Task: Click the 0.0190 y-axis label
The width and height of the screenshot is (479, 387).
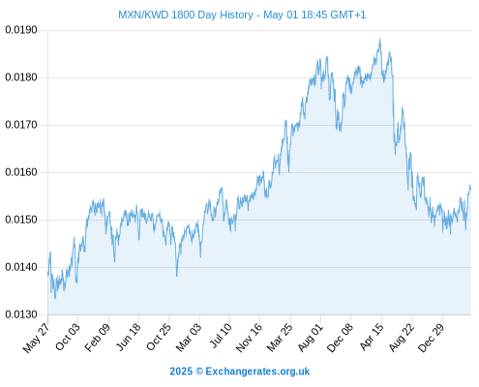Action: tap(21, 30)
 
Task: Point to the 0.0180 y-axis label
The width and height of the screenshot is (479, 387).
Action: tap(21, 77)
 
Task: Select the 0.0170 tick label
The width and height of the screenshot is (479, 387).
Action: tap(21, 125)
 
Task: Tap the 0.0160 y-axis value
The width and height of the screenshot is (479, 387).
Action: tap(21, 172)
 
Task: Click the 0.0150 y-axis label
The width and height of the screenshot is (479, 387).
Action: tap(21, 220)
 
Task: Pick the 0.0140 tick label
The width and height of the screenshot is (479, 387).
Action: tap(21, 267)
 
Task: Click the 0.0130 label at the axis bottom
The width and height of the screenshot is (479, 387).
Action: tap(21, 314)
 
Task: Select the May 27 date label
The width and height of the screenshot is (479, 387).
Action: tap(36, 338)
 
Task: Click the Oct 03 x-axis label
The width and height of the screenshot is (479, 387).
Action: tap(67, 337)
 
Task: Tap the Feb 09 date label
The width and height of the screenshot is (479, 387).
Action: tap(98, 337)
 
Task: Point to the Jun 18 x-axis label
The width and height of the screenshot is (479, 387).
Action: tap(128, 337)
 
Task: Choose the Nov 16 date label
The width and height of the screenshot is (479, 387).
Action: tap(249, 338)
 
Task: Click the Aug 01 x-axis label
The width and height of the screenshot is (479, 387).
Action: tap(310, 338)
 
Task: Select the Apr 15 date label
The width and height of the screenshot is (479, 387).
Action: tap(372, 337)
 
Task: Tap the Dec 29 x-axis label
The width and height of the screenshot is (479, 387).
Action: tap(431, 338)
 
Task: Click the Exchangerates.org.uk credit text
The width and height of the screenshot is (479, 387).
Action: tap(257, 372)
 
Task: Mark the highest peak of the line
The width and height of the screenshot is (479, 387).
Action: tap(380, 40)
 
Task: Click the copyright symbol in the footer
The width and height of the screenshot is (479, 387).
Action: tap(199, 372)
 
